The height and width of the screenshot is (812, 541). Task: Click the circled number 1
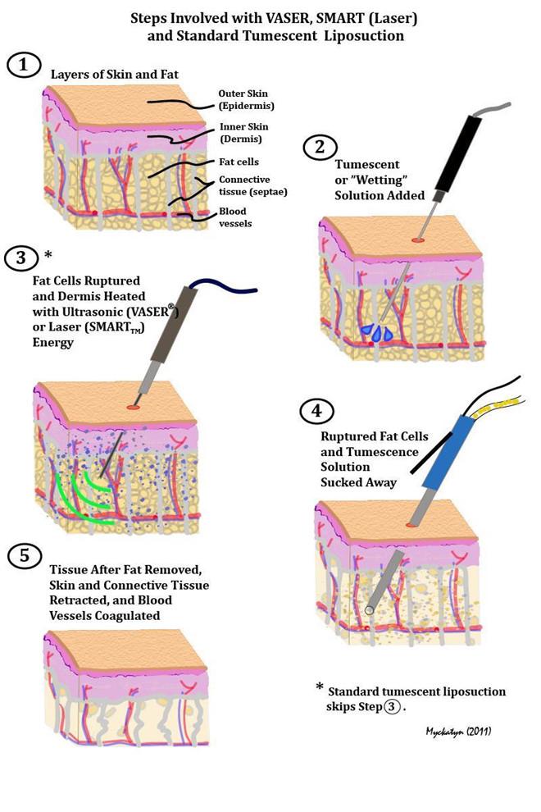point(25,64)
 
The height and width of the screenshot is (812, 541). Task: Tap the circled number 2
point(319,148)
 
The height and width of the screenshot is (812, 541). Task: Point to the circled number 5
point(25,557)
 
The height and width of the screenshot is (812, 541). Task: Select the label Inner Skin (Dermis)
point(244,132)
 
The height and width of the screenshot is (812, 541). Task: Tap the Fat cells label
point(238,162)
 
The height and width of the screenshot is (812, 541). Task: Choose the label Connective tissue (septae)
point(252,185)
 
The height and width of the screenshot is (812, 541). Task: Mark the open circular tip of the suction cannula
point(371,609)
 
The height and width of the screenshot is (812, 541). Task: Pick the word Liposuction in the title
point(364,35)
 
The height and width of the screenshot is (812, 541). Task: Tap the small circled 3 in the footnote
point(393,705)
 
